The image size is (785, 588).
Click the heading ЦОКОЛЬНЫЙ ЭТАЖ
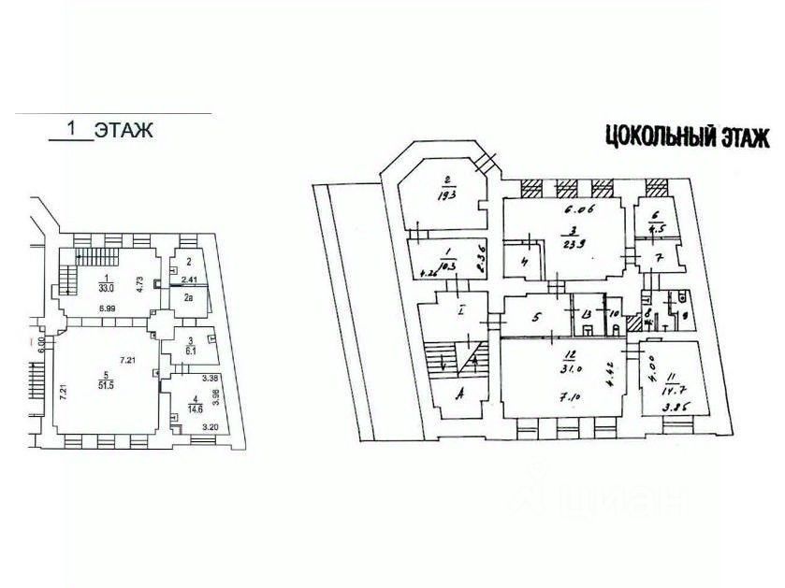coord(687,139)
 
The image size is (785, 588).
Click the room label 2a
coord(188,297)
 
